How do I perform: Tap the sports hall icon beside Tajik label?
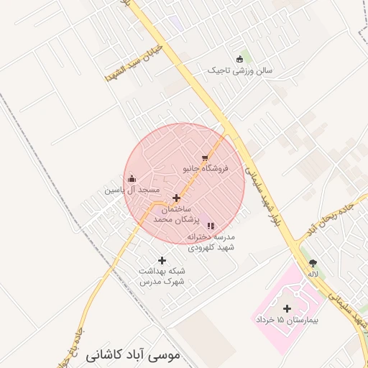[240, 59]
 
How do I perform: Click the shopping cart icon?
[205, 157]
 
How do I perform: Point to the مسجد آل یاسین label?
[132, 190]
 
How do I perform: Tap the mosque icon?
[132, 178]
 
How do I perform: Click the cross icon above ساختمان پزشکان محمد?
[176, 198]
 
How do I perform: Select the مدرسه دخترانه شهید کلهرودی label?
[211, 241]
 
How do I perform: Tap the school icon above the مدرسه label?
[210, 226]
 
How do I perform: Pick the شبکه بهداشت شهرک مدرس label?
[162, 276]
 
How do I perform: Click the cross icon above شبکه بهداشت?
[162, 260]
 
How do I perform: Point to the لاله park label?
[313, 274]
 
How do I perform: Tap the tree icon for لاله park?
[313, 263]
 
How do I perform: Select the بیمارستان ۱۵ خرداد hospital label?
[287, 318]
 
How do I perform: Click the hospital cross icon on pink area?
[287, 308]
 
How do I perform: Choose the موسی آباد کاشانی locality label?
[133, 355]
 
